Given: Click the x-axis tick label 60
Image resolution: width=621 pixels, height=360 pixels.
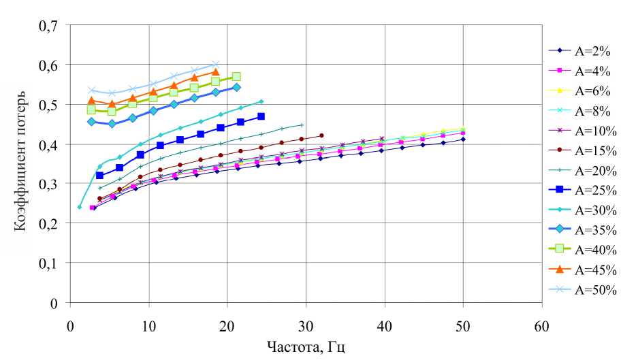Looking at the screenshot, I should click(542, 317).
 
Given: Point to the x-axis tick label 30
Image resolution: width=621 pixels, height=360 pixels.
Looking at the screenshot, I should click(306, 317).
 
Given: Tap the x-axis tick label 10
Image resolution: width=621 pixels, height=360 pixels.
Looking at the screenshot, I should click(148, 317).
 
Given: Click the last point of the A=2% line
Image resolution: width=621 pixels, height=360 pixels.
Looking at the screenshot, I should click(463, 140).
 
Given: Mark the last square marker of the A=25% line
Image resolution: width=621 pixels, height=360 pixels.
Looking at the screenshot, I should click(261, 116).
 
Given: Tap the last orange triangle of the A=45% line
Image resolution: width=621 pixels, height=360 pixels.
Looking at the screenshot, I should click(216, 72).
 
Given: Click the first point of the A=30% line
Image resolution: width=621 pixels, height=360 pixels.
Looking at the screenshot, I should click(80, 207).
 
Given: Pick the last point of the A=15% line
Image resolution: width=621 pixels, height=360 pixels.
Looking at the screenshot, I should click(321, 135).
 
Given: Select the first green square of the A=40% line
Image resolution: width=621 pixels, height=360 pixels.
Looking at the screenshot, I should click(91, 110).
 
